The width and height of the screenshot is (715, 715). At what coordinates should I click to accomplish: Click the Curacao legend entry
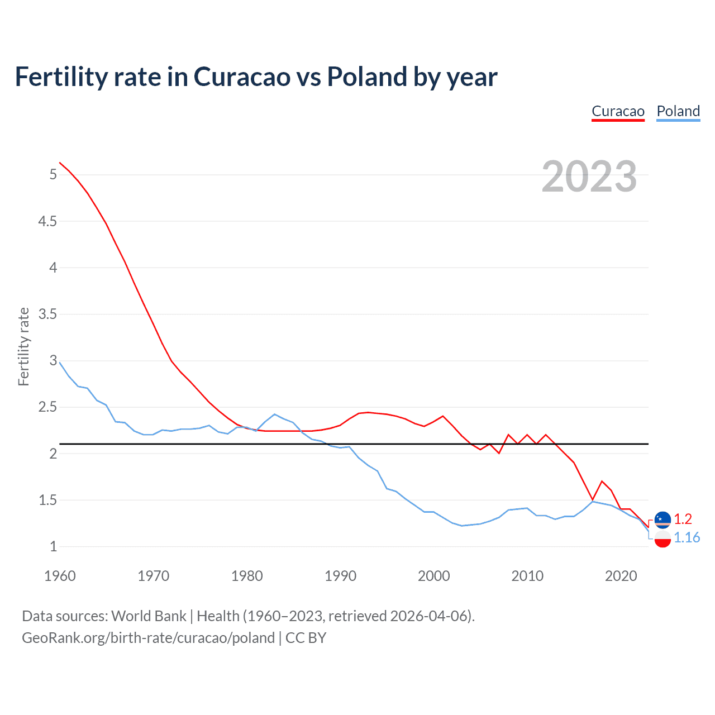coord(618,111)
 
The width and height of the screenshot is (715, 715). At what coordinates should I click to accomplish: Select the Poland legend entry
coord(678,111)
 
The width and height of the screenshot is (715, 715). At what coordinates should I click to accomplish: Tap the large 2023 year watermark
coord(589,177)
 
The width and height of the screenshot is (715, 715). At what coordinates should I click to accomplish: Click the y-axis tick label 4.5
coord(47,221)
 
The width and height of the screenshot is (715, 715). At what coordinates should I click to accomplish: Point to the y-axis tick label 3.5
coord(47,314)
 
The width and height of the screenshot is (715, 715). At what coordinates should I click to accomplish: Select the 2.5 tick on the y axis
coord(47,407)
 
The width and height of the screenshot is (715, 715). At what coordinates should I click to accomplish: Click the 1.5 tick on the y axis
coord(47,500)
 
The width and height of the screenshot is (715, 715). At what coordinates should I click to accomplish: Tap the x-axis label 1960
coord(60,576)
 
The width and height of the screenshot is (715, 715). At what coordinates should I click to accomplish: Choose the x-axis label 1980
coord(247,576)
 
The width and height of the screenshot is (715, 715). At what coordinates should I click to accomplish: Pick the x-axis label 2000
coord(433,576)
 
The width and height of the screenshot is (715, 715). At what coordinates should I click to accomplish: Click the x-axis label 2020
coord(621,576)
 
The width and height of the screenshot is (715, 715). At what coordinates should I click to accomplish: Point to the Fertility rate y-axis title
coord(23,346)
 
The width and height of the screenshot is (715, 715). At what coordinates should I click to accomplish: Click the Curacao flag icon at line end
coord(662,519)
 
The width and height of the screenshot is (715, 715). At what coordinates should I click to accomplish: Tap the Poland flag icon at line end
coord(662,539)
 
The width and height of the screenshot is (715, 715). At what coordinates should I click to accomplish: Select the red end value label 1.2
coord(683,519)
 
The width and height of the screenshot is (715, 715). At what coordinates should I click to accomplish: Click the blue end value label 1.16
coord(687,537)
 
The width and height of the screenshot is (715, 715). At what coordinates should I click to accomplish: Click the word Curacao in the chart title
coord(242,77)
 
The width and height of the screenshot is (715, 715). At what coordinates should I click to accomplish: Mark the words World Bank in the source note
coord(149,616)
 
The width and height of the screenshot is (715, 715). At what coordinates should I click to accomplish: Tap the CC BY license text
coord(306,638)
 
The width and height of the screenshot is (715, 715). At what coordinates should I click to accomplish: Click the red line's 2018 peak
coord(602,481)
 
